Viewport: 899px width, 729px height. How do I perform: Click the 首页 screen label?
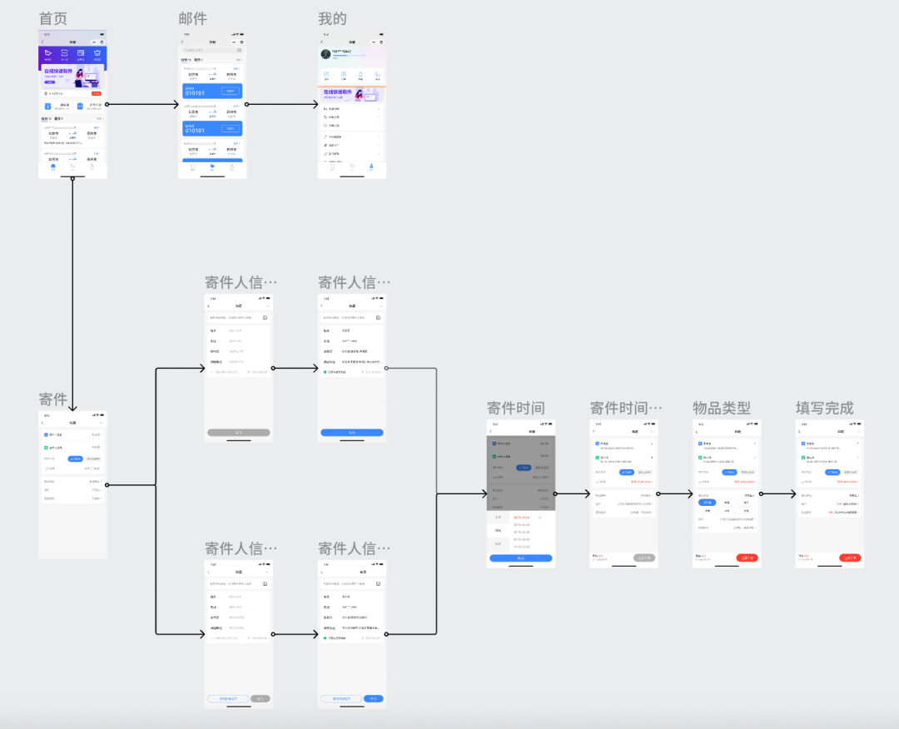(x=53, y=19)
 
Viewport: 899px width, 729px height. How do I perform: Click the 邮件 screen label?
(x=192, y=19)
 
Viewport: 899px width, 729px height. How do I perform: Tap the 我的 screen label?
(x=332, y=19)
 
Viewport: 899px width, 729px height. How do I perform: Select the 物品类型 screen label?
(x=721, y=408)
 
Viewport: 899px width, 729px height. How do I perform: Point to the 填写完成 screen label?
(x=824, y=408)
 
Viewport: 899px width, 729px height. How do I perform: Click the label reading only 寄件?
(x=53, y=399)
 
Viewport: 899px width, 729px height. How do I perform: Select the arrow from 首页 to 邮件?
(x=143, y=104)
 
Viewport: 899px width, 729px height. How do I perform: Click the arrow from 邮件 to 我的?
(x=283, y=104)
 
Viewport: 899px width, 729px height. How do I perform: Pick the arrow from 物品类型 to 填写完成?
(x=777, y=493)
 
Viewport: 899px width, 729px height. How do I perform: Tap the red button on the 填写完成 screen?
(x=850, y=558)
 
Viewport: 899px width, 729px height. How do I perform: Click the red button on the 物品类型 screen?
(x=747, y=558)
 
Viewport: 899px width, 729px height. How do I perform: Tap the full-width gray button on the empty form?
(x=239, y=433)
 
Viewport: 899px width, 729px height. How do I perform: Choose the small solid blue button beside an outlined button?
(x=374, y=698)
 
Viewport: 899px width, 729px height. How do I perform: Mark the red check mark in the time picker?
(x=539, y=518)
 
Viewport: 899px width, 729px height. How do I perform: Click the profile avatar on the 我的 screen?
(x=325, y=53)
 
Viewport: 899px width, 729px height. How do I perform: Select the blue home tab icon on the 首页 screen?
(x=53, y=166)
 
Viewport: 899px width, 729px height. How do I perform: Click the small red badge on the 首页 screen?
(x=97, y=93)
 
